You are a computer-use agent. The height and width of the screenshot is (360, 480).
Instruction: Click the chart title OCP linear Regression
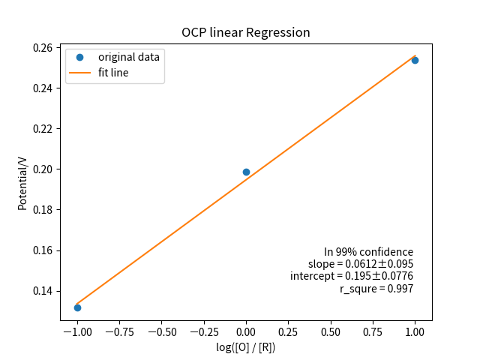tap(246, 33)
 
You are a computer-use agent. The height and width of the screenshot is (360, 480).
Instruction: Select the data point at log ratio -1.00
tap(77, 307)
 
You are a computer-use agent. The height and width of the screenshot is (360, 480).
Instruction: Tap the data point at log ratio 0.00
tap(246, 172)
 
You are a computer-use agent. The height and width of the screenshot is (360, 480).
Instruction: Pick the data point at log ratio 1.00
tap(415, 60)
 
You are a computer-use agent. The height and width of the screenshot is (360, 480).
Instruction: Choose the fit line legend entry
tap(113, 73)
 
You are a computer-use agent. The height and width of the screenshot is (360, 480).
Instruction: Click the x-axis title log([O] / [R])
tap(246, 347)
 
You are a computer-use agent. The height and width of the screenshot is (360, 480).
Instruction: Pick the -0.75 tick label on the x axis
tap(119, 331)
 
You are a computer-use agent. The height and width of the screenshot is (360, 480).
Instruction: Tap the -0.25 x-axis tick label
tap(203, 331)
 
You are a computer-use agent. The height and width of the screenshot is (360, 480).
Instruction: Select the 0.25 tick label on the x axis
tap(289, 331)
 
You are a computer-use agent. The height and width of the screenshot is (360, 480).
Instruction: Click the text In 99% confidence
tap(368, 252)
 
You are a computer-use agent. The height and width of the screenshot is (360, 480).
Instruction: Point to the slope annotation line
tap(361, 264)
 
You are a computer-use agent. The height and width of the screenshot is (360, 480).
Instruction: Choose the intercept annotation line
tap(352, 276)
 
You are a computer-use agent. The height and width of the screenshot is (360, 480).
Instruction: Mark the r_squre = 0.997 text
tap(376, 289)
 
